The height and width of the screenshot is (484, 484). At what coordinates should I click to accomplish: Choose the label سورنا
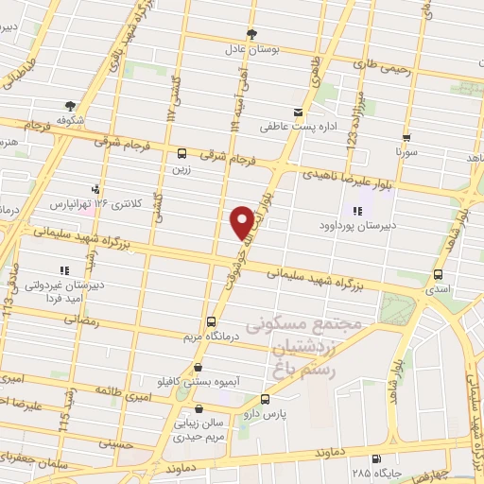point(405,151)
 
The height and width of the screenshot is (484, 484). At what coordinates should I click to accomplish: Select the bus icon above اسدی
point(436,274)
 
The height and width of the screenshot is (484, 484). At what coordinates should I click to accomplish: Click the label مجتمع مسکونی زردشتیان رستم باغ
point(303,345)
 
